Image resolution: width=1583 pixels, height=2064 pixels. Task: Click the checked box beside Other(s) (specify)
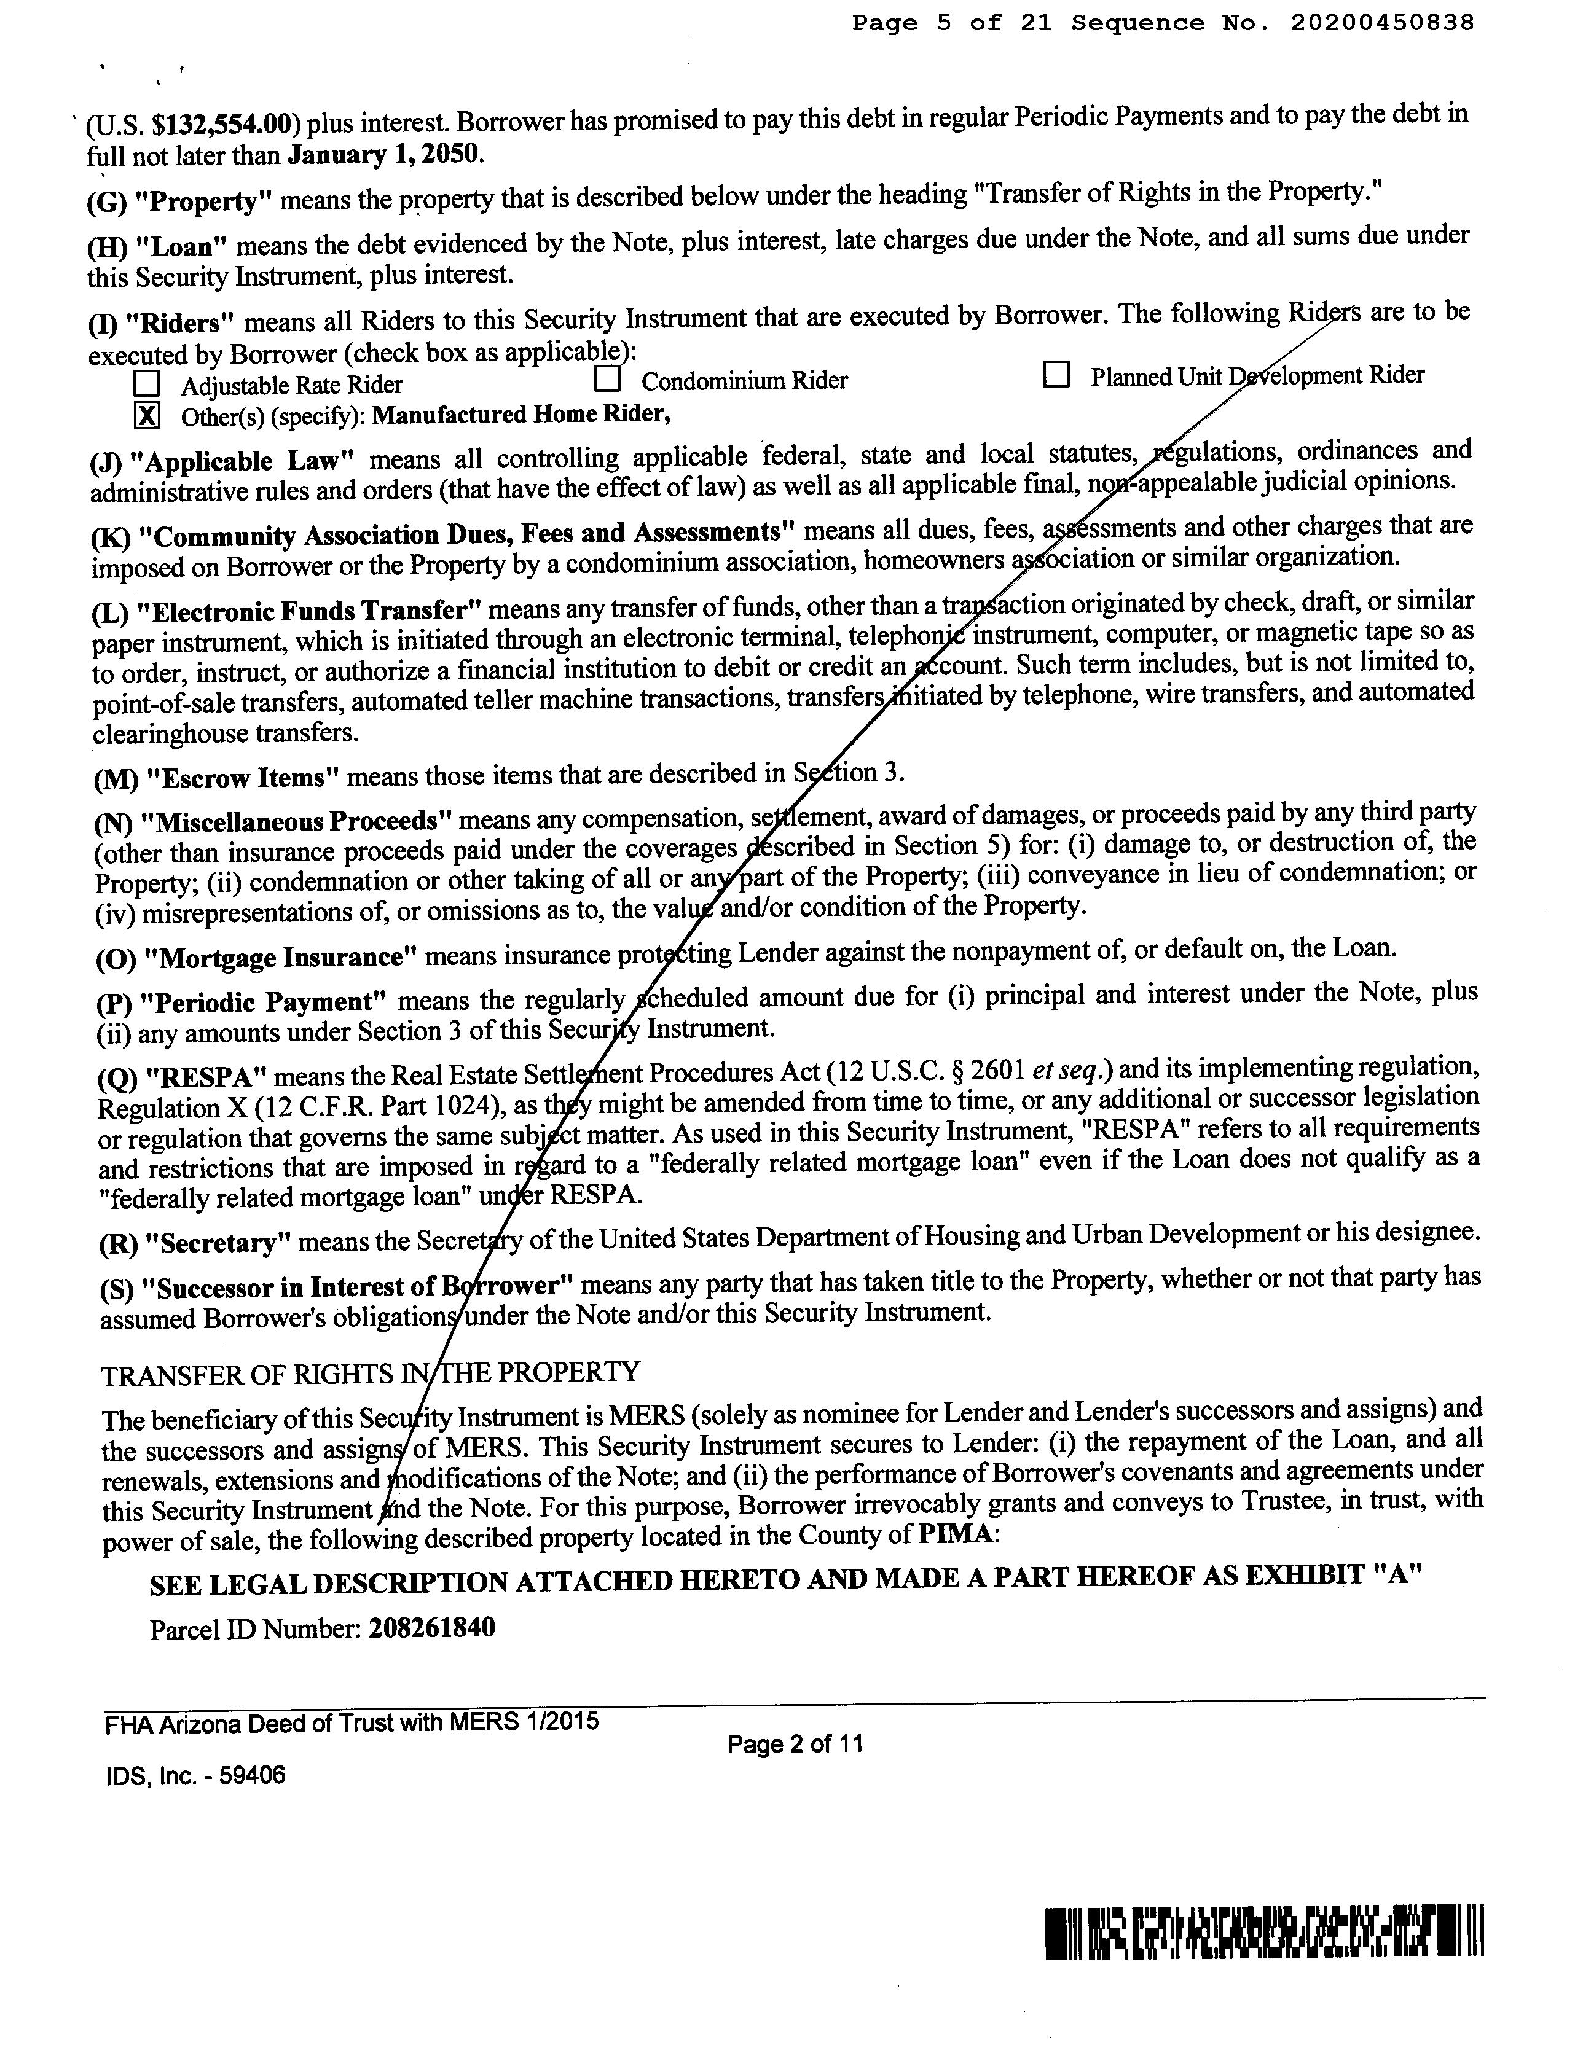147,415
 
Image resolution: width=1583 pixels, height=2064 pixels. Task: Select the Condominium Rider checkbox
608,378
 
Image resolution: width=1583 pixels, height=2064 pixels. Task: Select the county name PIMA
954,1534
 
